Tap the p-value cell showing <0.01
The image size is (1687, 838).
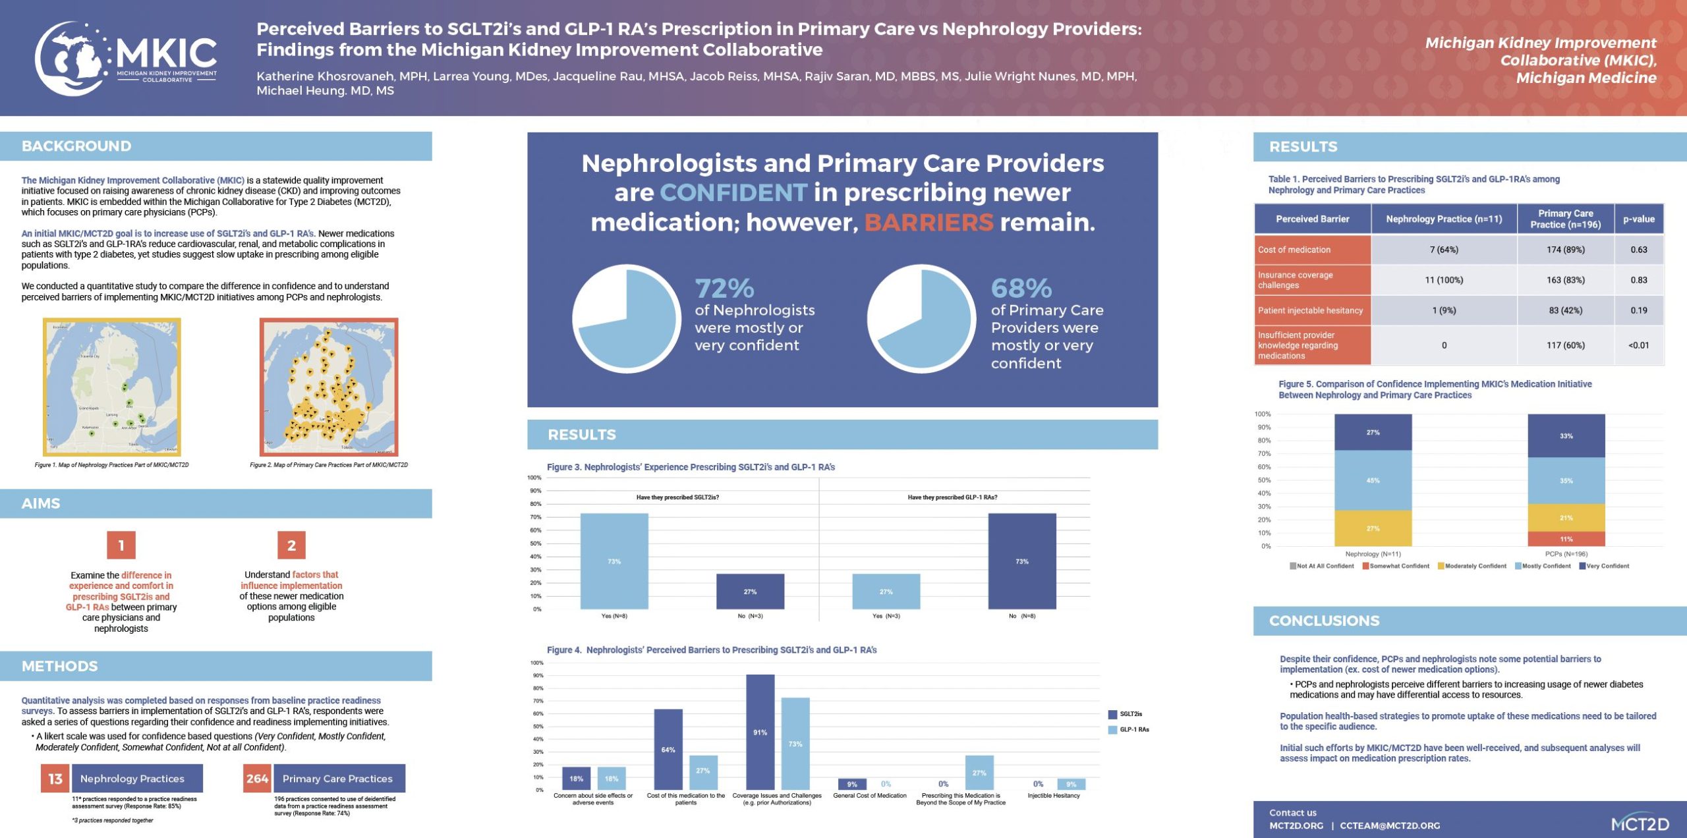click(x=1638, y=345)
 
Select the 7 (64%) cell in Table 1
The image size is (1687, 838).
click(x=1444, y=250)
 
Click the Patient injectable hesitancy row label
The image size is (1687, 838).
click(x=1310, y=310)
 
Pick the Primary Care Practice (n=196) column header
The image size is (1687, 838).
click(x=1565, y=219)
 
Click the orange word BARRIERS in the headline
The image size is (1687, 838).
click(x=928, y=222)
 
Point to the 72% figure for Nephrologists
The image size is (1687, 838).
click(x=724, y=288)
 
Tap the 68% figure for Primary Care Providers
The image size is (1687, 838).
click(x=1021, y=288)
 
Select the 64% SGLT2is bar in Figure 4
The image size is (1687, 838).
click(x=668, y=749)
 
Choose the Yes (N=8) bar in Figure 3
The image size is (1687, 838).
click(x=614, y=561)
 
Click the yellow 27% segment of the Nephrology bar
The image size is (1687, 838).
click(x=1373, y=528)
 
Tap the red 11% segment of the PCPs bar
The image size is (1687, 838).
click(x=1566, y=539)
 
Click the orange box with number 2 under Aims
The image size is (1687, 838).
click(x=291, y=545)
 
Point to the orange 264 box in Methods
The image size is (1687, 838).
click(x=257, y=778)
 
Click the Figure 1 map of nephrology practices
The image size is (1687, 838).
click(x=112, y=387)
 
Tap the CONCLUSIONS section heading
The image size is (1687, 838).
click(x=1324, y=621)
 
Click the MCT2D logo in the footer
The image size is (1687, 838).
click(x=1640, y=824)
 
